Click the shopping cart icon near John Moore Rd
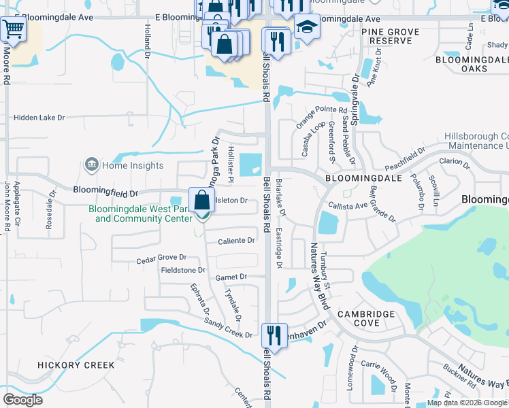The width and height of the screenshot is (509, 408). (12, 29)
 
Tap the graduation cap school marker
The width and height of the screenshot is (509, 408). (307, 27)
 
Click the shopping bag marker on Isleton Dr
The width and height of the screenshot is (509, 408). (202, 201)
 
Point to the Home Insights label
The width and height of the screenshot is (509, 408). (133, 165)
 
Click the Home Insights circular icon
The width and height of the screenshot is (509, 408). (91, 165)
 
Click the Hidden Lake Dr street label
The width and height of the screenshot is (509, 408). (39, 118)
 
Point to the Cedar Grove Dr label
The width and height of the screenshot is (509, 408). (161, 258)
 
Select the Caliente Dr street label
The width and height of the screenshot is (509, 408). (236, 241)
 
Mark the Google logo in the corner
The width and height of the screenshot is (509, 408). (22, 400)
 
